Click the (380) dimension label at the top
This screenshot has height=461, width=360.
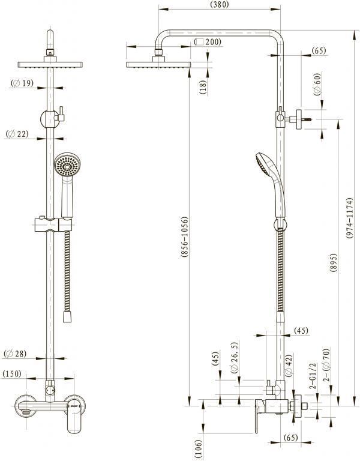tap(220, 4)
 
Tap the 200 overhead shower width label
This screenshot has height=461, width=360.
tap(208, 42)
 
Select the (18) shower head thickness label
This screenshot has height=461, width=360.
tap(203, 87)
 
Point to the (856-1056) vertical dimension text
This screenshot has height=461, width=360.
tap(184, 237)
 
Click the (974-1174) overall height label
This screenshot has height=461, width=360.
tap(349, 218)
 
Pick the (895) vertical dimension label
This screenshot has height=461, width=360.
tap(333, 262)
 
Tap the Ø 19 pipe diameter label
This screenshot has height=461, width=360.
tap(22, 83)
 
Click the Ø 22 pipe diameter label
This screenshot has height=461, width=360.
tap(17, 134)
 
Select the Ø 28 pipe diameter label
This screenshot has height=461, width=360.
tap(15, 354)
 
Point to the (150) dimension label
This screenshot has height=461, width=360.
tap(12, 374)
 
